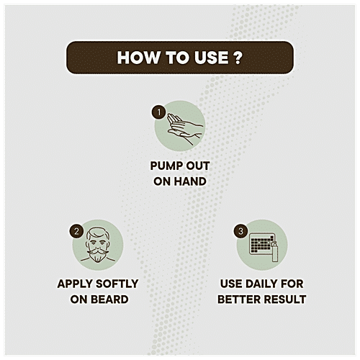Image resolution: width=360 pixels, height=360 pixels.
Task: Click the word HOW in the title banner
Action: point(138,58)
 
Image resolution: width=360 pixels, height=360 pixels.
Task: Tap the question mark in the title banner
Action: point(238,58)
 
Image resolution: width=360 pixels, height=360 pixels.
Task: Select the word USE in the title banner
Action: point(212,58)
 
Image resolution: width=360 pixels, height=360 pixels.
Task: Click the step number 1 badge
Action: point(158,112)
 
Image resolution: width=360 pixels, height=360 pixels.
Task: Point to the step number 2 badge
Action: point(76,231)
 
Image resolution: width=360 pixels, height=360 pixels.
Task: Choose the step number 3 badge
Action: point(240,231)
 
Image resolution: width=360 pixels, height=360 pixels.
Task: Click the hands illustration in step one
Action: point(185,128)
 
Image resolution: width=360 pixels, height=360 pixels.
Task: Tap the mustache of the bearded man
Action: point(98,251)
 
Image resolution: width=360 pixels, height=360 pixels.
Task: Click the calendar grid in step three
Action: point(262,243)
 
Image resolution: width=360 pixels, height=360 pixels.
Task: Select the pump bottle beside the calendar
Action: point(275,251)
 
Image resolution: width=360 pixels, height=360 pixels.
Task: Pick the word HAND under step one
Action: point(190,181)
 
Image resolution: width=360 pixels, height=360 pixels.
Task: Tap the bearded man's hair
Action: point(98,233)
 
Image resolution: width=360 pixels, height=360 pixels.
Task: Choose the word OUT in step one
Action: point(198,166)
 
